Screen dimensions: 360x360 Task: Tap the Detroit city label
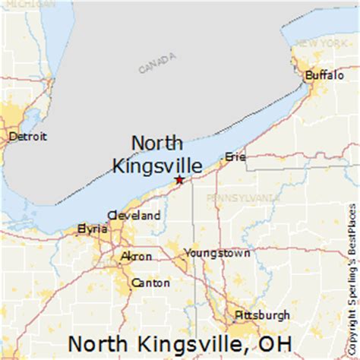[27, 137]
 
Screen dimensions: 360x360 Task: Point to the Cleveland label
[134, 215]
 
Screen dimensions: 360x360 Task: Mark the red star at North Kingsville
[178, 179]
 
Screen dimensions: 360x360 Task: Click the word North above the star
[158, 143]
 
